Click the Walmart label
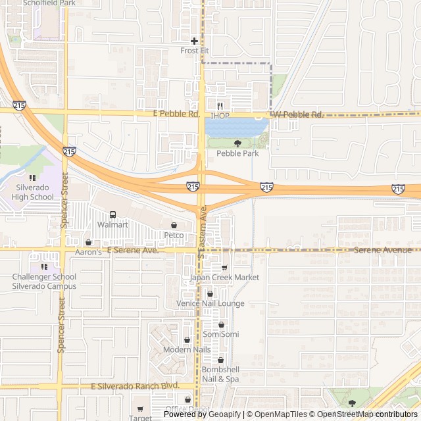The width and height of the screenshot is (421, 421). [x=112, y=225]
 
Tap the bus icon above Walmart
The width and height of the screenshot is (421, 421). [x=112, y=214]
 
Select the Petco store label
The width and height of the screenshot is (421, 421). [x=174, y=235]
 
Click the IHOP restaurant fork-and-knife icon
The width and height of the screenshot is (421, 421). [x=220, y=106]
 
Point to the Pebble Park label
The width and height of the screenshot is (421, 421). [x=237, y=153]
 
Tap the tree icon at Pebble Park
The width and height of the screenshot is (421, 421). [x=237, y=143]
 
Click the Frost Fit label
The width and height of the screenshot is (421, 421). [x=194, y=50]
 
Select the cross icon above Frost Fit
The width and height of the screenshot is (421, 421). [x=194, y=41]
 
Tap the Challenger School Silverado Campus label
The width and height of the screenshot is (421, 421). [x=44, y=282]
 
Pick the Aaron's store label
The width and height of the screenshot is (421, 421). [x=87, y=252]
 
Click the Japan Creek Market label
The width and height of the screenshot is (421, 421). [x=224, y=278]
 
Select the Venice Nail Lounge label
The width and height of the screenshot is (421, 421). [x=210, y=303]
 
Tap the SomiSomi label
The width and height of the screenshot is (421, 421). [x=221, y=334]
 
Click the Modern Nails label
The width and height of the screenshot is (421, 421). [x=187, y=349]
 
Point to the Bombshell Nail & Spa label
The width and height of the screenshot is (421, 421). [x=220, y=374]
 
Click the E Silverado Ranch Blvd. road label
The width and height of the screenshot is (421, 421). [x=135, y=385]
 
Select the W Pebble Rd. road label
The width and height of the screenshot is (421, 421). [x=299, y=114]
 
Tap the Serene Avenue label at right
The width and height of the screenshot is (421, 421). [x=382, y=250]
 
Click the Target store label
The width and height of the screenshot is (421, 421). [x=140, y=418]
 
